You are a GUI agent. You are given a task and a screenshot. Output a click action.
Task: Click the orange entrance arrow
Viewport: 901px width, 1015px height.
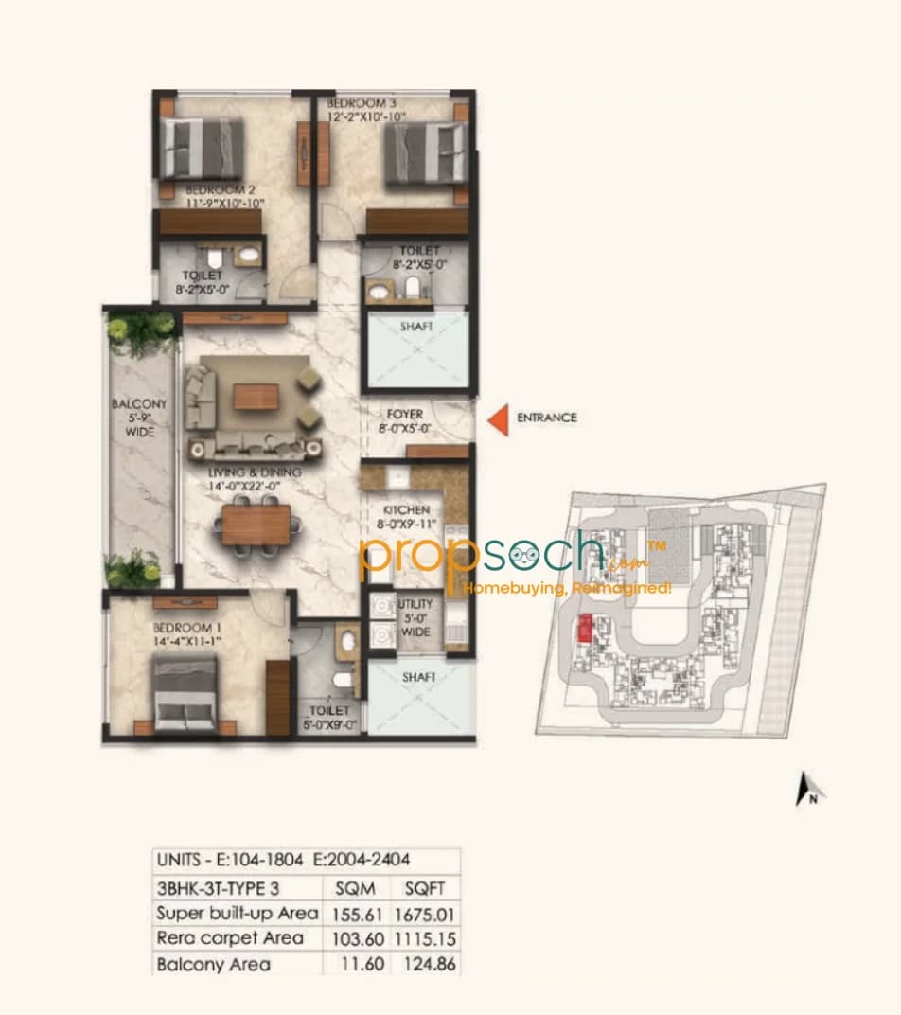(x=498, y=418)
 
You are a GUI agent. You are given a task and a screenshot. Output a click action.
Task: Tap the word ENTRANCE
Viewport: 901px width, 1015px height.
(x=546, y=418)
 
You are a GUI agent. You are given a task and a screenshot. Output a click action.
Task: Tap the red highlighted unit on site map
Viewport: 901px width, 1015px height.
(x=585, y=626)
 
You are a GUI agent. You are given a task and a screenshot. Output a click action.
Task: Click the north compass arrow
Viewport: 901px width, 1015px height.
(x=806, y=788)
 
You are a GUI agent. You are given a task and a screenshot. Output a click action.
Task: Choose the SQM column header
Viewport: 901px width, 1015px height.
(x=355, y=889)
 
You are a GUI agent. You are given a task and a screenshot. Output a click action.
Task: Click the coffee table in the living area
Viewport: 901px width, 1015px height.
(x=256, y=398)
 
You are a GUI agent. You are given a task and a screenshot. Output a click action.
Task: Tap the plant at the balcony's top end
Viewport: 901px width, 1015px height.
(x=142, y=329)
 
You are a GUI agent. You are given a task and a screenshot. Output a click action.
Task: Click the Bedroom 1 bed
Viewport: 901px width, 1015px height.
(x=185, y=694)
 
